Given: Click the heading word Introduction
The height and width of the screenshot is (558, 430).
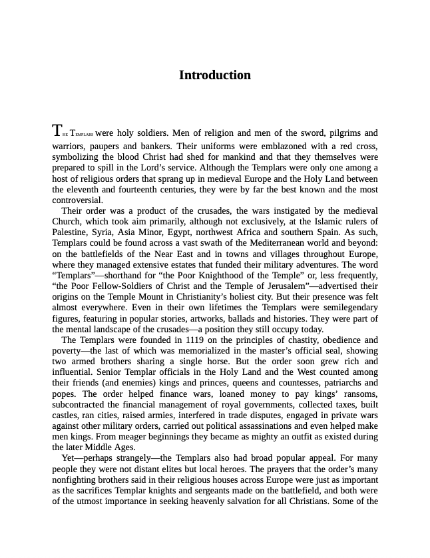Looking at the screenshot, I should coord(214,75).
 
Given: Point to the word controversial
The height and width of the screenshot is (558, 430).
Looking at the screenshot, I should coord(77,200).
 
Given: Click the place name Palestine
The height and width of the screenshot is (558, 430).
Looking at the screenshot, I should coord(71,232).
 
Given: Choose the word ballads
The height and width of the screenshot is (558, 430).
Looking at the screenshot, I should coord(252,318).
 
